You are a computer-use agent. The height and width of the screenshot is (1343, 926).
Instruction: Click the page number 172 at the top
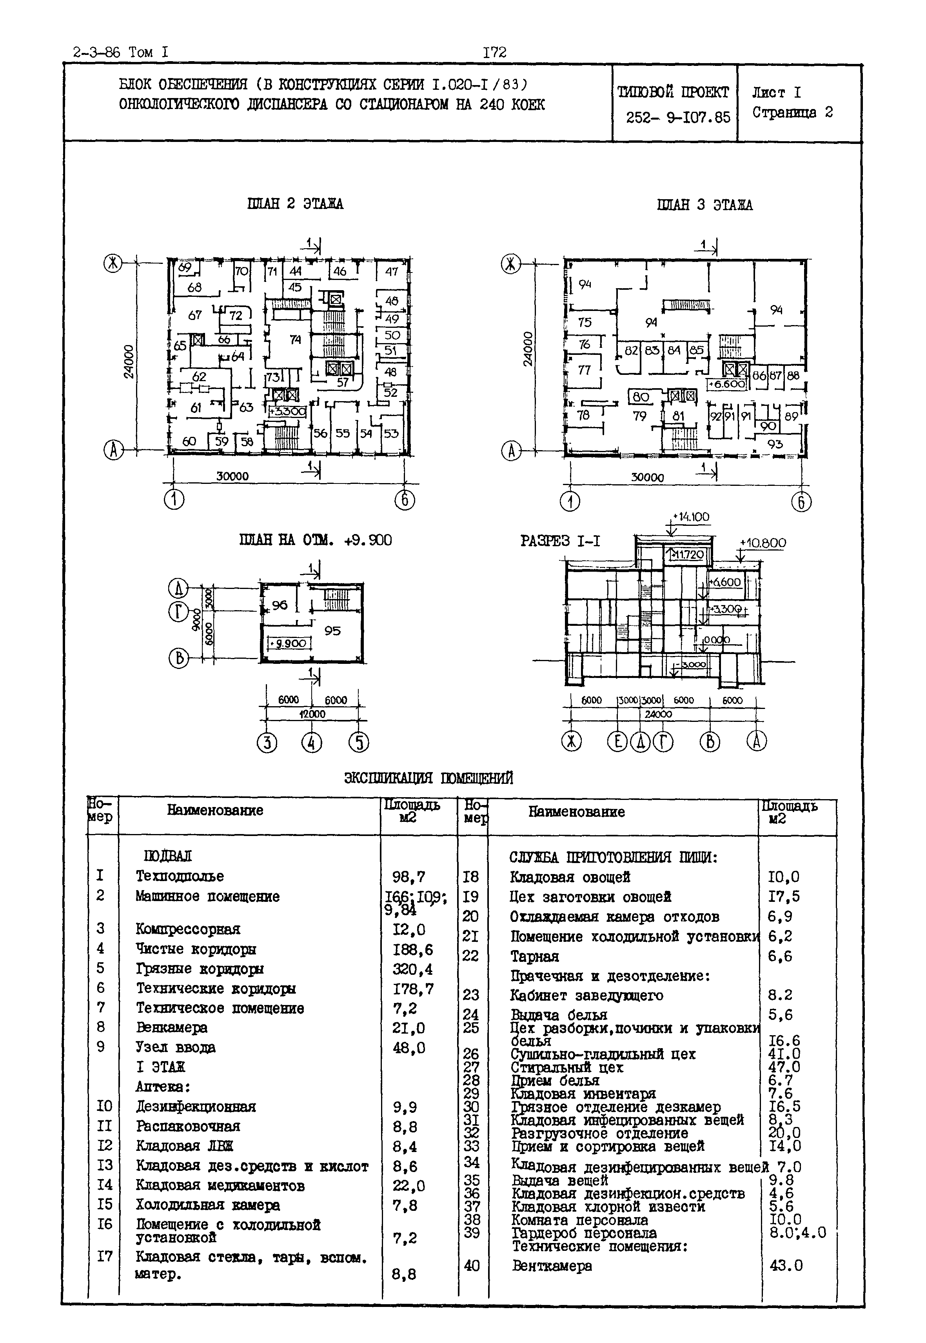(494, 53)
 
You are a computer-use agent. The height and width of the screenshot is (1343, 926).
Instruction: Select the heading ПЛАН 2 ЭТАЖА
(295, 204)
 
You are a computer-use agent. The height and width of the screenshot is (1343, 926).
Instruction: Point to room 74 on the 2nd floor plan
(295, 340)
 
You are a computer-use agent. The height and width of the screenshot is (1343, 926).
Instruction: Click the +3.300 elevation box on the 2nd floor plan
(287, 411)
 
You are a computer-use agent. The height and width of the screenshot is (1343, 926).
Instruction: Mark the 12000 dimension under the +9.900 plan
(312, 714)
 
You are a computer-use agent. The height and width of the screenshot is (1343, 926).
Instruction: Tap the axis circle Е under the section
(617, 742)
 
